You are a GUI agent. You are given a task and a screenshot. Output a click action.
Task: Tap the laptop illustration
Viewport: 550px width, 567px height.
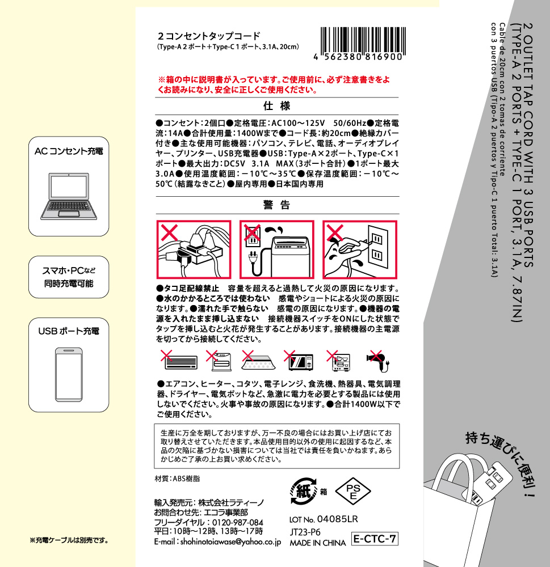pyautogui.click(x=69, y=196)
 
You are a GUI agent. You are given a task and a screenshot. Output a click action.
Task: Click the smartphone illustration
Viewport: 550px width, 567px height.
pyautogui.click(x=69, y=375)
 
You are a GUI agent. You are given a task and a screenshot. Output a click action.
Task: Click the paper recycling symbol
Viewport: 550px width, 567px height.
pyautogui.click(x=304, y=491)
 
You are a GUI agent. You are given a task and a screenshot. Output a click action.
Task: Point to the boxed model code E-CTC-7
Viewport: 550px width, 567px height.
pyautogui.click(x=375, y=539)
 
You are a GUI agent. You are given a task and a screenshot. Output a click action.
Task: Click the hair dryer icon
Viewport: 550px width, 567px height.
pyautogui.click(x=379, y=361)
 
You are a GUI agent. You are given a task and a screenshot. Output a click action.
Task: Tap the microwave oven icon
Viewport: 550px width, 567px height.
pyautogui.click(x=299, y=361)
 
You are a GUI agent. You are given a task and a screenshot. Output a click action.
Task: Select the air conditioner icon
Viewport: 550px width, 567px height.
pyautogui.click(x=179, y=360)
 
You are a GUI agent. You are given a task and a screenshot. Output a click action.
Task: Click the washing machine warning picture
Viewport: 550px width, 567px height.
pyautogui.click(x=276, y=249)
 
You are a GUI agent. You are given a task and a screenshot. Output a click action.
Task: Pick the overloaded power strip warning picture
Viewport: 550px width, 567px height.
pyautogui.click(x=194, y=249)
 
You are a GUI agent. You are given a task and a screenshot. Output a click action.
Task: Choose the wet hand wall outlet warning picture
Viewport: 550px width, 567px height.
pyautogui.click(x=360, y=249)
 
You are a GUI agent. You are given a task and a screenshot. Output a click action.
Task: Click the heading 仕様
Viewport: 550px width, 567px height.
pyautogui.click(x=277, y=106)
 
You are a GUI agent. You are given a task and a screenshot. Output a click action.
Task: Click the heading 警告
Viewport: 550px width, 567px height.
pyautogui.click(x=277, y=205)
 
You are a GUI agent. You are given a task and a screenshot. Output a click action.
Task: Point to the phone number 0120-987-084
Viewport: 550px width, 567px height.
pyautogui.click(x=237, y=522)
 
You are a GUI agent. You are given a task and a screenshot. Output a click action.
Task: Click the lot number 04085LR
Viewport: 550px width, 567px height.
pyautogui.click(x=338, y=519)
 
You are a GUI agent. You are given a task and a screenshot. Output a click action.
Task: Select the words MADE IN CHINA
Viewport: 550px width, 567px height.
pyautogui.click(x=317, y=543)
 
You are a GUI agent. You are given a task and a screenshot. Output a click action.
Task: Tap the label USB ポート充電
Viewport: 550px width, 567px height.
pyautogui.click(x=69, y=331)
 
